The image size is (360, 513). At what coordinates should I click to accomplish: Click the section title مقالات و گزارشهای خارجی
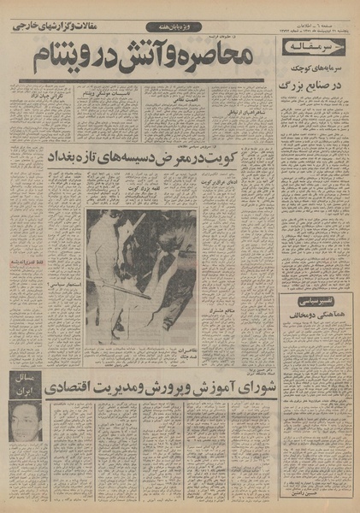point(52,27)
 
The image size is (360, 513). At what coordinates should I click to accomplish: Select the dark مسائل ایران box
point(26,385)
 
